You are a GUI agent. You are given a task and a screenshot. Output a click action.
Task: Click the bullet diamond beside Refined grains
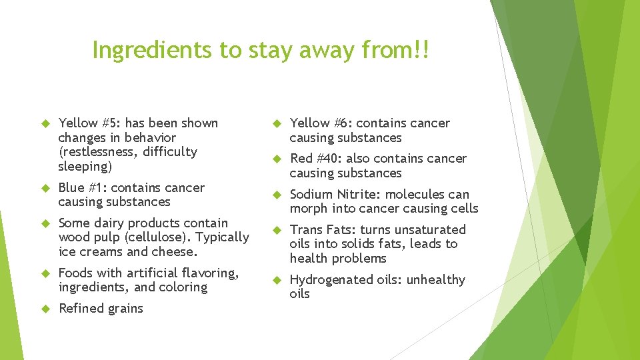pos(46,309)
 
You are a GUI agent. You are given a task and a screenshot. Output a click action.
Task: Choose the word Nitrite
pos(359,195)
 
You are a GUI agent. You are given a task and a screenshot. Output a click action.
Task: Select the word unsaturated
pos(431,230)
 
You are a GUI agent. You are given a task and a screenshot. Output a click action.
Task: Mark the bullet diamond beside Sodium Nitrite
pos(277,195)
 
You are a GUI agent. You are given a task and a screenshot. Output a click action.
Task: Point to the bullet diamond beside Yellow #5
pos(46,123)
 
